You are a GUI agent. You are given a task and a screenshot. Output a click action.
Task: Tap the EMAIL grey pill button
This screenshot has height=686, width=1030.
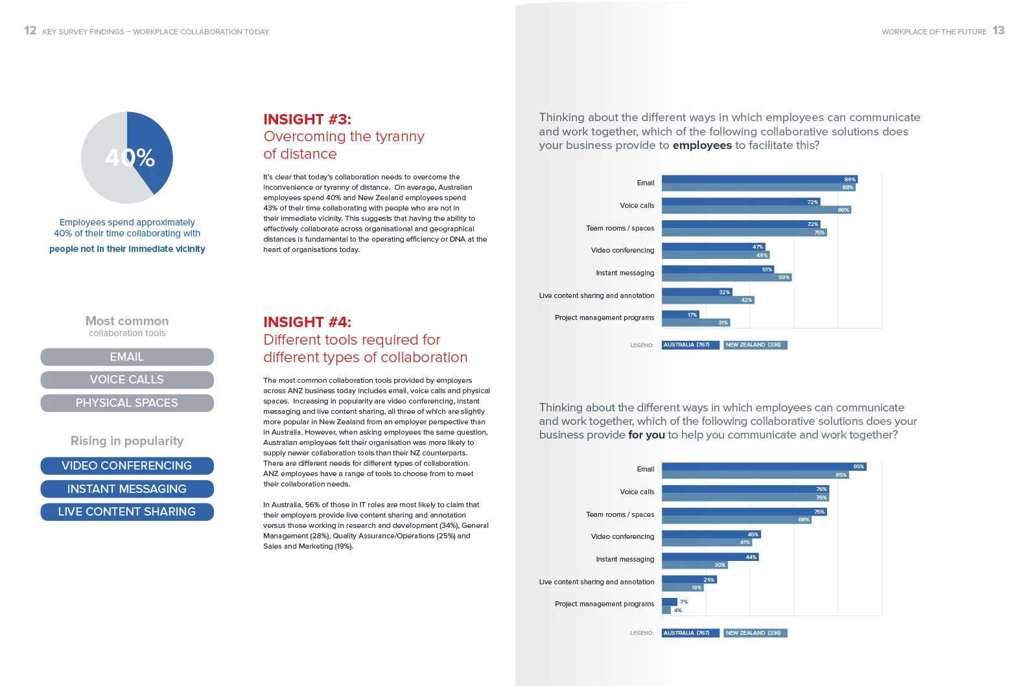(127, 357)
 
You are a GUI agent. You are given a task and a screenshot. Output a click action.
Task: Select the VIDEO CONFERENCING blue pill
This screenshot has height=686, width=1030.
(127, 466)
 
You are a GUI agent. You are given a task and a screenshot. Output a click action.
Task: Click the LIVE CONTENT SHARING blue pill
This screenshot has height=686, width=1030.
(127, 512)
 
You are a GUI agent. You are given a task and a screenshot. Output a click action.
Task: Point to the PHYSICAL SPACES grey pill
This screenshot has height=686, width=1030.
(127, 403)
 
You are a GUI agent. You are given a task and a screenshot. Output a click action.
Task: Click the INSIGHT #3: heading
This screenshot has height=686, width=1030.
(307, 119)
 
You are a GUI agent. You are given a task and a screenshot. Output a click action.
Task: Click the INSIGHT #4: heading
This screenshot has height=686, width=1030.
(307, 322)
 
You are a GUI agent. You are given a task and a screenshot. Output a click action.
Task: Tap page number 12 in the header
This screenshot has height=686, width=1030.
(30, 30)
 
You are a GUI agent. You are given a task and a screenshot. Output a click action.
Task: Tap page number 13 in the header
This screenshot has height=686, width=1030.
(998, 30)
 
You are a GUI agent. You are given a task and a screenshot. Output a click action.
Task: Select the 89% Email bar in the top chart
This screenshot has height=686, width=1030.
(758, 179)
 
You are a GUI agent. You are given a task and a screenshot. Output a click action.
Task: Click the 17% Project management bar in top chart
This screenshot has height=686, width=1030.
(680, 315)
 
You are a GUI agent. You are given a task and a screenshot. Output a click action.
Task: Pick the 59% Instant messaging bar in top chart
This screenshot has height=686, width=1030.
(726, 277)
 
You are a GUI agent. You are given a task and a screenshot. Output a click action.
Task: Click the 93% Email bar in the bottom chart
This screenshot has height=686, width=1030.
(764, 466)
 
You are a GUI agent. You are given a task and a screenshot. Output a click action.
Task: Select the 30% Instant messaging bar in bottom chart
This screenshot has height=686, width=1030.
(694, 565)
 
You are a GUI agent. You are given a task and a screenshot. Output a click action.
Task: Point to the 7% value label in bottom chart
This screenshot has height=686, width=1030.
(684, 602)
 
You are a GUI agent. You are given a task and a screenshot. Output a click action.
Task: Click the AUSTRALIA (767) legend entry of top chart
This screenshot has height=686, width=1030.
(690, 345)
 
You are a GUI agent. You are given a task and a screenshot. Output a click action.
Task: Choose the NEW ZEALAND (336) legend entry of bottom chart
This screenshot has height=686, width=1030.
(755, 633)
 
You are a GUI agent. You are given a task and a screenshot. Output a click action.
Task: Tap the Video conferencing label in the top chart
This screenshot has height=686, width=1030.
(622, 250)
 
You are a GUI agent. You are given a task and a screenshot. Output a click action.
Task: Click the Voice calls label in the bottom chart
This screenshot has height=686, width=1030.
(637, 492)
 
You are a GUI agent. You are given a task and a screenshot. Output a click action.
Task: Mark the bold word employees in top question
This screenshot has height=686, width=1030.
(702, 145)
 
